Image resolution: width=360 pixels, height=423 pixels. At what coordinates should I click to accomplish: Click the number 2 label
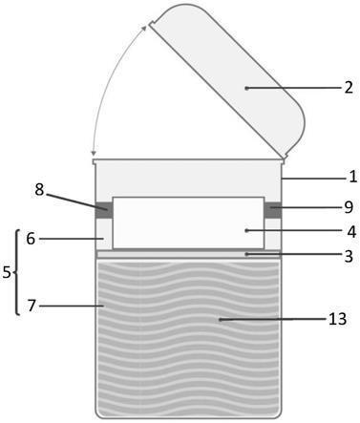[349, 87]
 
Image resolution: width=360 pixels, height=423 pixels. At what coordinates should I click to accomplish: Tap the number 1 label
[353, 177]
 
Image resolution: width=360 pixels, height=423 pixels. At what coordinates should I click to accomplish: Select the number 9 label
[349, 207]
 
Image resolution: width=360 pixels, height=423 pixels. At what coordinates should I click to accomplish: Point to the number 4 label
[351, 232]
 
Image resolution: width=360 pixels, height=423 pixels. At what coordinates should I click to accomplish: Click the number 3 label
[349, 256]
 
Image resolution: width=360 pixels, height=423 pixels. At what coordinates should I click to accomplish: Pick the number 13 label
[337, 319]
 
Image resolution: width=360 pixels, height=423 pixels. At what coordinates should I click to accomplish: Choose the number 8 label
[39, 190]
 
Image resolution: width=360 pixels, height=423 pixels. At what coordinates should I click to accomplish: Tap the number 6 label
[31, 239]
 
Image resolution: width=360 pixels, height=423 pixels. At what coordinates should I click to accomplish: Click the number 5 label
[7, 272]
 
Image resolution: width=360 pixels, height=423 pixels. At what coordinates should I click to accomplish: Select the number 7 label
[32, 306]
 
